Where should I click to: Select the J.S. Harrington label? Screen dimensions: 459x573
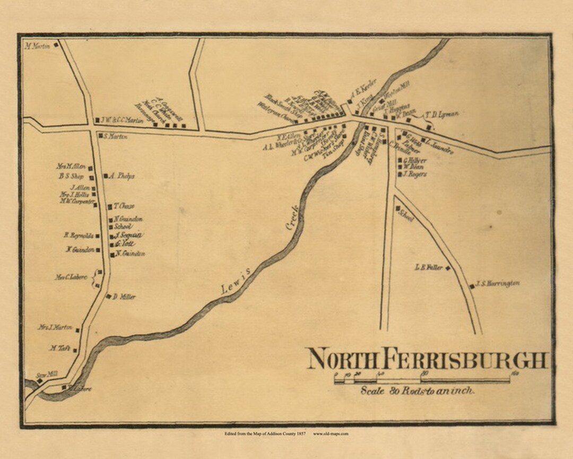498,283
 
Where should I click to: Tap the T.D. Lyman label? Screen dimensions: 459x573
441,114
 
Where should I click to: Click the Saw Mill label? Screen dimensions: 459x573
46,375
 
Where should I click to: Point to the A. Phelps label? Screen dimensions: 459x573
122,176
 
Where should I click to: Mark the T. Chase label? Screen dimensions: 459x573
124,206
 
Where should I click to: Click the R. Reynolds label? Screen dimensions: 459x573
79,236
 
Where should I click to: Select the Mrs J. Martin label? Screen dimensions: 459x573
55,327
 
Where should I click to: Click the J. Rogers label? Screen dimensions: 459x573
415,174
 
